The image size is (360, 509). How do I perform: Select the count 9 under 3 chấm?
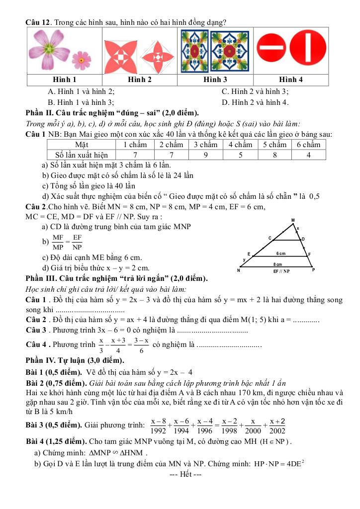pos(206,155)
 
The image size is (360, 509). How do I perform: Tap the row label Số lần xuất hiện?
pos(81,155)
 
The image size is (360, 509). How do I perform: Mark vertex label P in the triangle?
pos(313,270)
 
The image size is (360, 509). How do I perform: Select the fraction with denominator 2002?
pos(277,426)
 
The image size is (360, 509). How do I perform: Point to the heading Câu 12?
pos(38,22)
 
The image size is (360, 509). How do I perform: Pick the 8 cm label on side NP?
pos(277,264)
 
